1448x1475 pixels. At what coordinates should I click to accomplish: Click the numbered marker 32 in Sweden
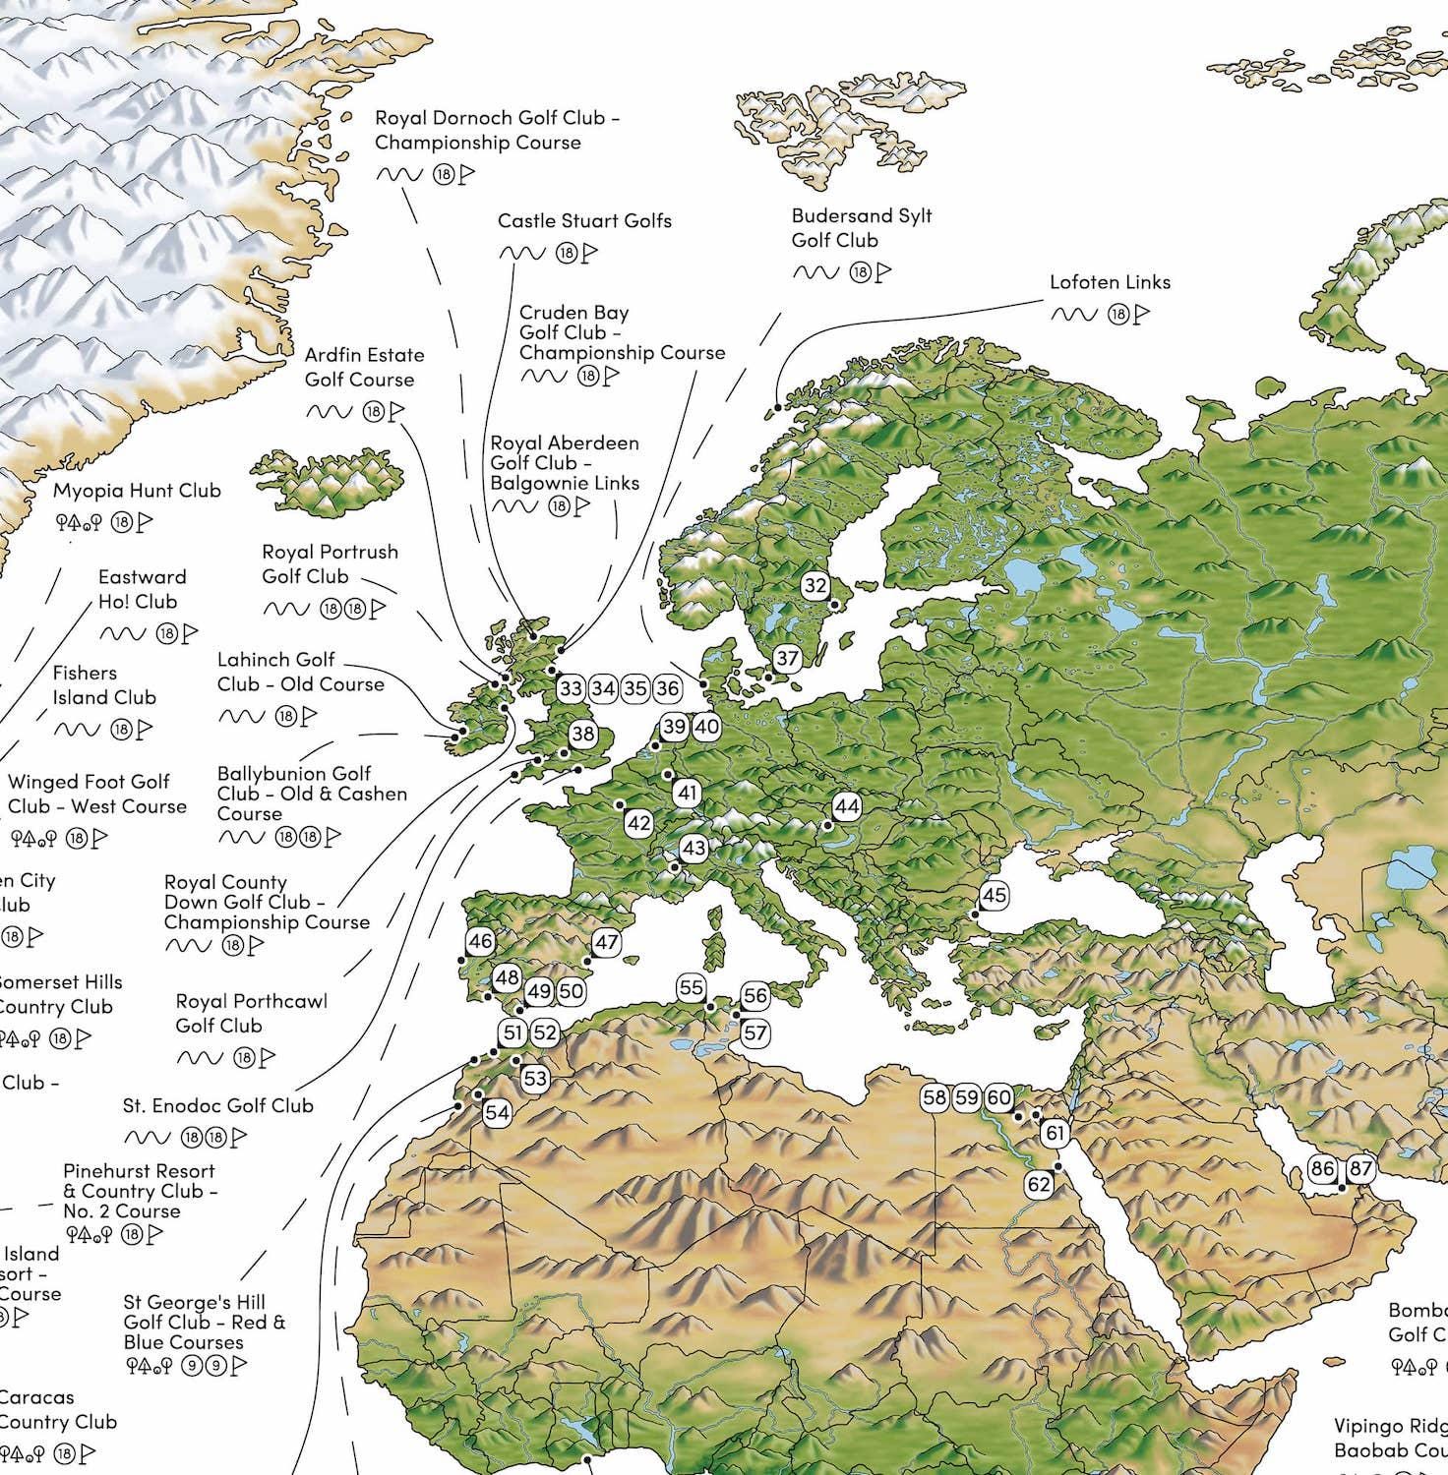coord(815,586)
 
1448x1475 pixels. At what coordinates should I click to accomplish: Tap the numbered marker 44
coord(846,806)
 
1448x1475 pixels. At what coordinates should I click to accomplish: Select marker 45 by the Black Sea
coord(995,895)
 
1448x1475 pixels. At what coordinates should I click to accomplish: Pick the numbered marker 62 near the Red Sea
coord(1040,1184)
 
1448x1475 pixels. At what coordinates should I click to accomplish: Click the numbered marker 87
coord(1360,1168)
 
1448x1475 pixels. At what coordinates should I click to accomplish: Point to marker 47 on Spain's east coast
coord(607,942)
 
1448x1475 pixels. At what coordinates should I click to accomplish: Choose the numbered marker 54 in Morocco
coord(497,1112)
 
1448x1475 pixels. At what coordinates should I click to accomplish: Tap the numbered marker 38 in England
coord(582,734)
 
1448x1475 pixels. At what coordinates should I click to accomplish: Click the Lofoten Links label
coord(1110,282)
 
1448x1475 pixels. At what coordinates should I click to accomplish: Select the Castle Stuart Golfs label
coord(584,221)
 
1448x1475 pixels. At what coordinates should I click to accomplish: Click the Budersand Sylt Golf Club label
coord(862,228)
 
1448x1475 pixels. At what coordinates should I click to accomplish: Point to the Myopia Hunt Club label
coord(137,491)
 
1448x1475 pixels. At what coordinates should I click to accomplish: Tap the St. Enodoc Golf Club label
coord(218,1105)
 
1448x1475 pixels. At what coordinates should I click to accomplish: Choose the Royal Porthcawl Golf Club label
coord(251,1013)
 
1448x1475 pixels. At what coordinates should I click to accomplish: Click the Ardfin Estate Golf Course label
coord(364,367)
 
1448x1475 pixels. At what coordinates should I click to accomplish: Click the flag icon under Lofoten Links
coord(1142,315)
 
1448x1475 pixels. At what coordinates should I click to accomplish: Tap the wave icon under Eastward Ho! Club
coord(121,633)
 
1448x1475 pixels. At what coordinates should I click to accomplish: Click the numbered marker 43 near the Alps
coord(694,848)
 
